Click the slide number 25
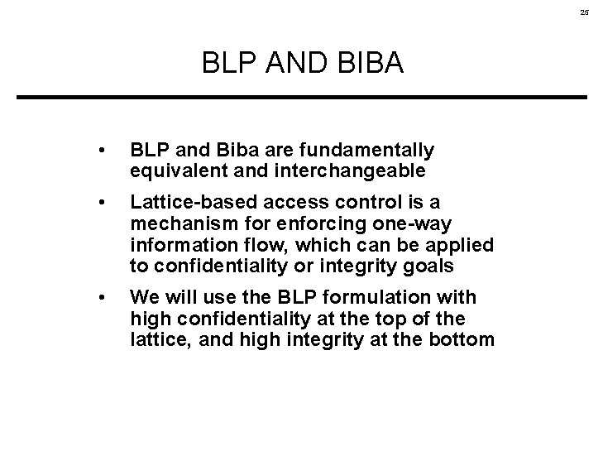[x=585, y=12]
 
